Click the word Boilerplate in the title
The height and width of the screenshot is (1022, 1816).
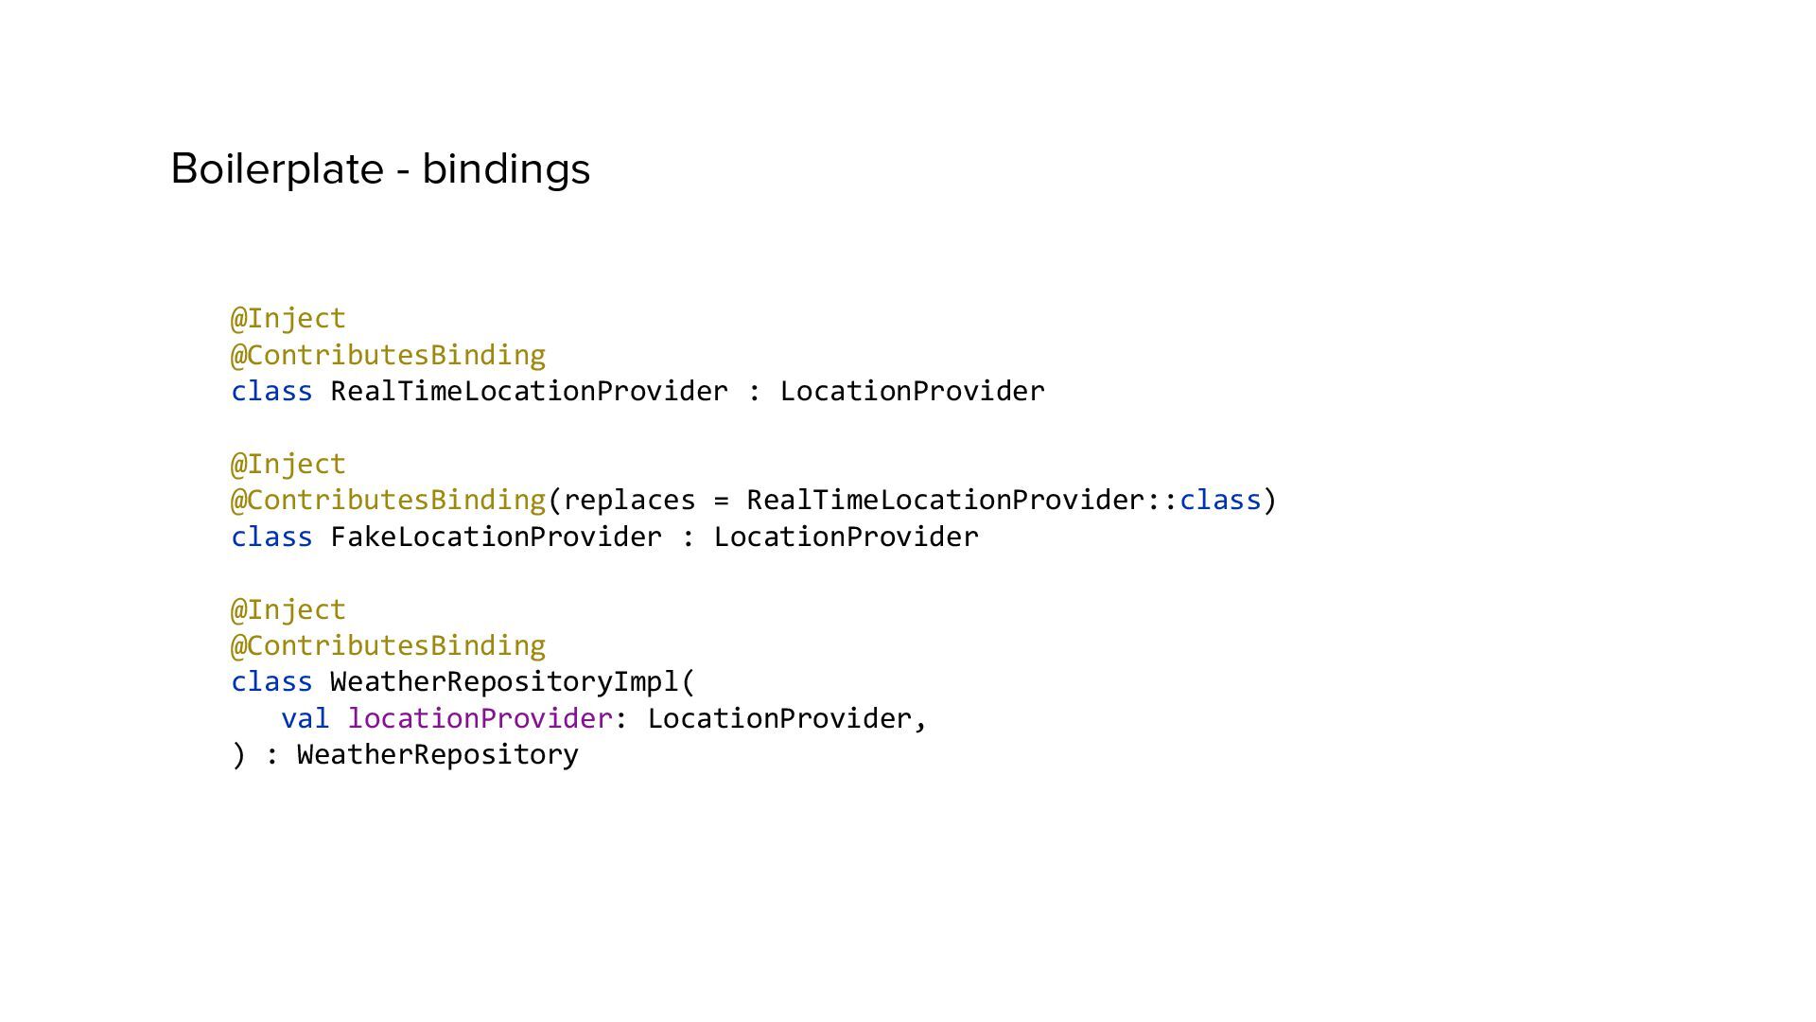tap(277, 169)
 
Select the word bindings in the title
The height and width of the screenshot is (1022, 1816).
tap(506, 169)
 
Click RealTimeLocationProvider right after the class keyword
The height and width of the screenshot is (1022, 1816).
tap(529, 391)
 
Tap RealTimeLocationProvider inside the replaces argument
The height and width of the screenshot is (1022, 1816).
tap(946, 500)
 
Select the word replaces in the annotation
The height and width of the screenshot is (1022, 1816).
tap(629, 500)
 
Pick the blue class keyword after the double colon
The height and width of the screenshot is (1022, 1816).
tap(1219, 500)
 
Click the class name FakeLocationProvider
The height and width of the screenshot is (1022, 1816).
tap(496, 537)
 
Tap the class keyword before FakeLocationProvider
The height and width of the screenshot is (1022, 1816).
tap(271, 537)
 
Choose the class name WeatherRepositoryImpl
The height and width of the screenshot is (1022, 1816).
tap(504, 681)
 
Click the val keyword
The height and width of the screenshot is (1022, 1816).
tap(305, 718)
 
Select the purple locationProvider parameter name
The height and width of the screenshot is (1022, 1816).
tap(480, 718)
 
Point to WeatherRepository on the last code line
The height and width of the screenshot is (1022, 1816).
tap(437, 754)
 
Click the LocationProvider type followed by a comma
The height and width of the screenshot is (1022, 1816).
tap(778, 718)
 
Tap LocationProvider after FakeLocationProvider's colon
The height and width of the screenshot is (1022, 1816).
tap(846, 537)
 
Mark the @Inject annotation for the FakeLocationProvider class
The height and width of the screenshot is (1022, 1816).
tap(288, 464)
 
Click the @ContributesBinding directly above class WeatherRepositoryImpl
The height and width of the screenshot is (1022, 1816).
tap(388, 645)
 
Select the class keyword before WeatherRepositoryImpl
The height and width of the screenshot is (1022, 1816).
tap(271, 681)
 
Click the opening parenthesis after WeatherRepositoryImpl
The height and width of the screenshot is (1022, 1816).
tap(688, 682)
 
